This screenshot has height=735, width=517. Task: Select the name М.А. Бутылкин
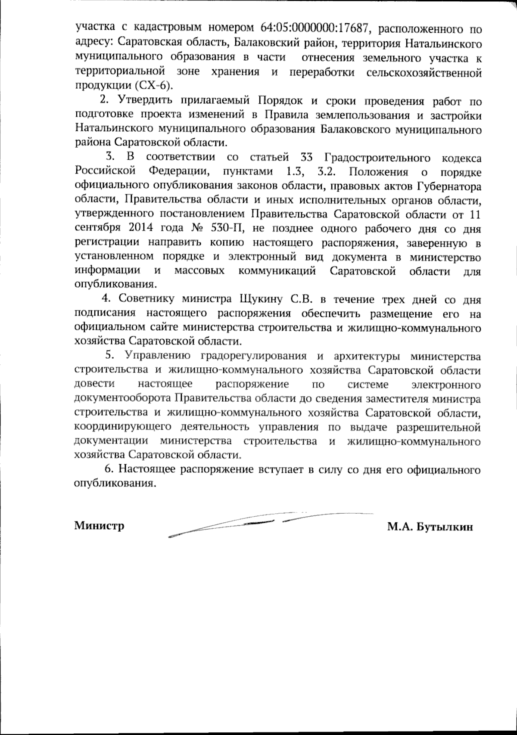point(430,527)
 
